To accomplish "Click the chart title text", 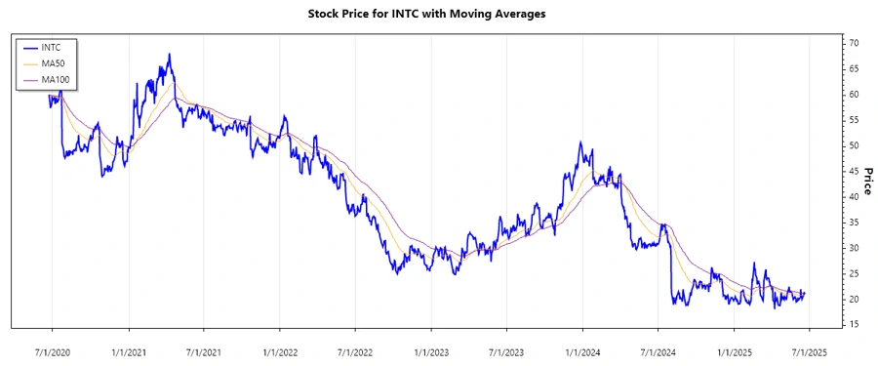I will pyautogui.click(x=438, y=14).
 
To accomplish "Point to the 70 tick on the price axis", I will pyautogui.click(x=853, y=44).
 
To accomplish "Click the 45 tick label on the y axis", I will pyautogui.click(x=853, y=172).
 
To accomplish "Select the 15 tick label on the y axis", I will pyautogui.click(x=853, y=325).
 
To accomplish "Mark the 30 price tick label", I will pyautogui.click(x=853, y=248).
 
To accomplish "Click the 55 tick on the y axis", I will pyautogui.click(x=853, y=120).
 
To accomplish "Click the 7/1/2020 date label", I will pyautogui.click(x=52, y=349).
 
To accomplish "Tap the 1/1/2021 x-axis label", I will pyautogui.click(x=129, y=349).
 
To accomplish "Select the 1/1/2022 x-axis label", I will pyautogui.click(x=280, y=349).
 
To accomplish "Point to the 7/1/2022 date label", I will pyautogui.click(x=355, y=349).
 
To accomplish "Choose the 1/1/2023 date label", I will pyautogui.click(x=431, y=349).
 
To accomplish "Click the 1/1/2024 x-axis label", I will pyautogui.click(x=582, y=349).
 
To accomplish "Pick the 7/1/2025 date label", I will pyautogui.click(x=809, y=349).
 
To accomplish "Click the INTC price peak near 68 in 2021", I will pyautogui.click(x=170, y=55).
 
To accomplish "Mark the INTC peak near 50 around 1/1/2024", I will pyautogui.click(x=579, y=142).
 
